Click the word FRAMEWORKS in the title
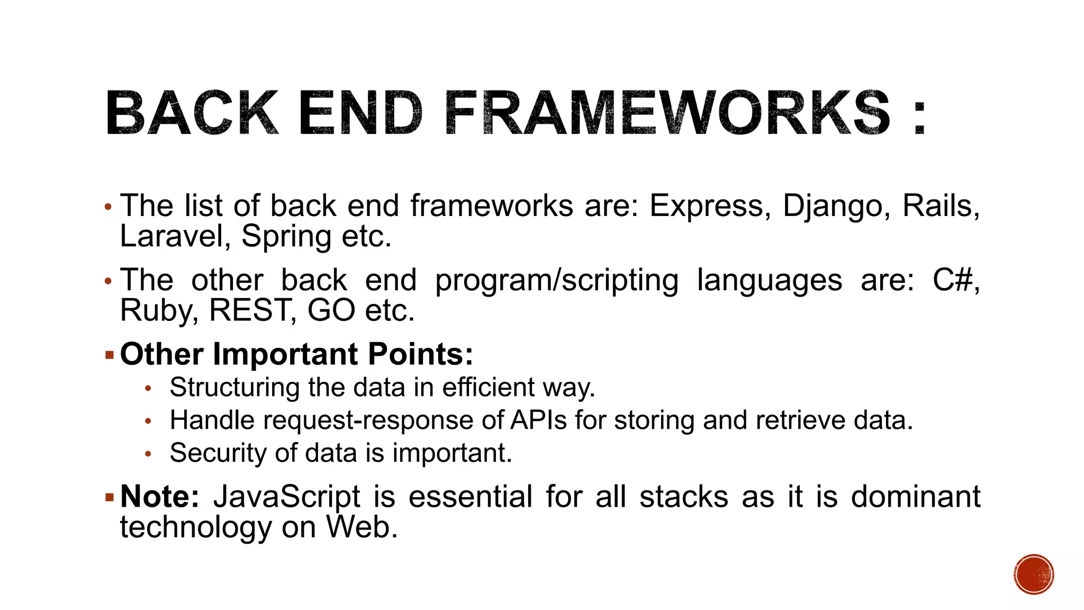point(668,112)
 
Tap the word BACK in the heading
point(191,112)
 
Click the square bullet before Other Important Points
point(110,355)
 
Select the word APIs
point(538,420)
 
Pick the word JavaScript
point(286,498)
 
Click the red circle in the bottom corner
point(1034,575)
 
